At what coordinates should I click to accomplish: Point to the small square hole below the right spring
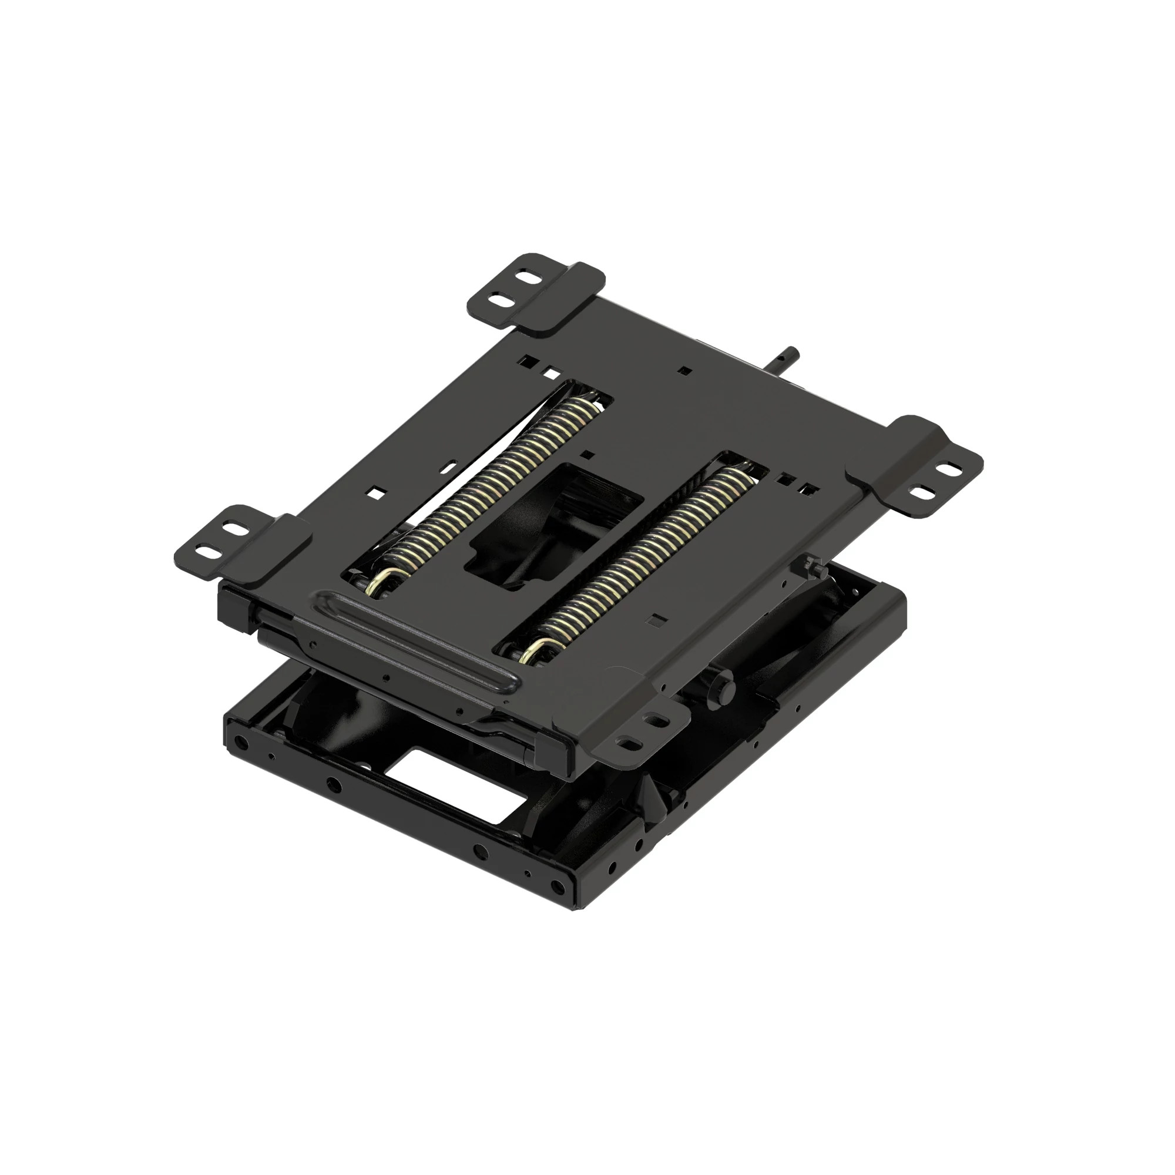[x=656, y=620]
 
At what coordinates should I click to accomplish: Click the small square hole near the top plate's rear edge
[x=685, y=370]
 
